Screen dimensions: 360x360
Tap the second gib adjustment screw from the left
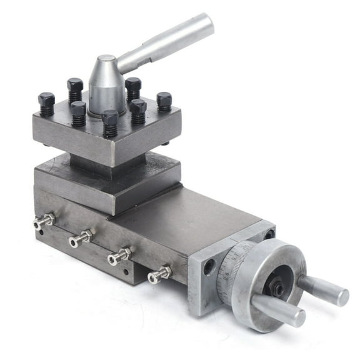pos(81,238)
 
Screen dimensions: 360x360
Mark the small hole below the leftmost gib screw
pos(40,232)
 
